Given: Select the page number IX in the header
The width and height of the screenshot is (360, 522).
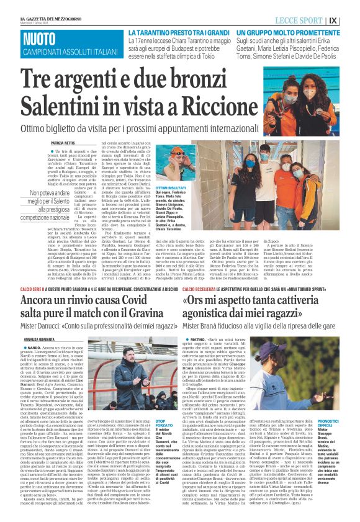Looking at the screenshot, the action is tap(351, 20).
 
